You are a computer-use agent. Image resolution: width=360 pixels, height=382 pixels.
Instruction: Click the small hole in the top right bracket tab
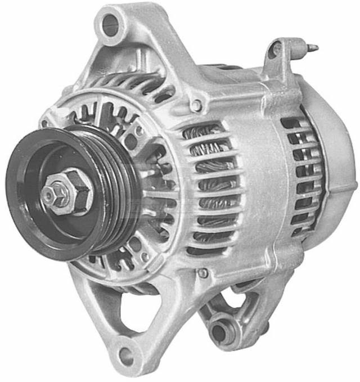276,50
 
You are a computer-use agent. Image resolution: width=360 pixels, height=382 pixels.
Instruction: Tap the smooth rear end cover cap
337,163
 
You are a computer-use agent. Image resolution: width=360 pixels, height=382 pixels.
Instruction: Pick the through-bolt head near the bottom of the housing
203,273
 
